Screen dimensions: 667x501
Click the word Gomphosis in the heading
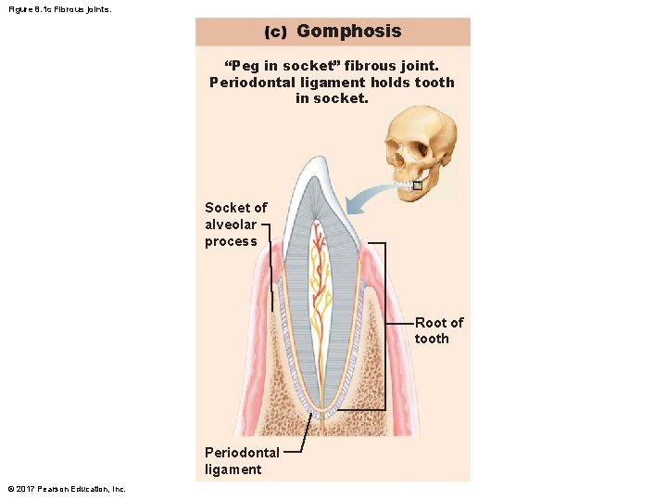click(348, 31)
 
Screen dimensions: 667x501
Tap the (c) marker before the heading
click(275, 32)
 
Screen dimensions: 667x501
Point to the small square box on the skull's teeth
click(417, 186)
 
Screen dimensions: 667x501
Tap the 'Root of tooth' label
click(438, 330)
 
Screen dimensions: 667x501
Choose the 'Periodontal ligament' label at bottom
click(241, 460)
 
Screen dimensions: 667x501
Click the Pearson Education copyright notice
click(66, 489)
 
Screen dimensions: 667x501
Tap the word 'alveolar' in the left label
click(231, 225)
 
